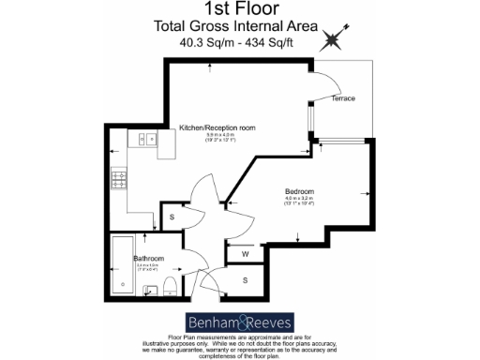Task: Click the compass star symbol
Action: pyautogui.click(x=332, y=40)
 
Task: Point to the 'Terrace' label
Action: pyautogui.click(x=342, y=98)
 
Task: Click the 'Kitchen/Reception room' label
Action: pyautogui.click(x=217, y=127)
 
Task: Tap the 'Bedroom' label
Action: pyautogui.click(x=301, y=190)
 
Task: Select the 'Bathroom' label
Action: pyautogui.click(x=149, y=257)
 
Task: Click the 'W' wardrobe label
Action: pyautogui.click(x=245, y=253)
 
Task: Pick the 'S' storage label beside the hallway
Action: pyautogui.click(x=172, y=218)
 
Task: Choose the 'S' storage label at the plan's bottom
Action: pyautogui.click(x=245, y=279)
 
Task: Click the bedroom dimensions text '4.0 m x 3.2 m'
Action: pyautogui.click(x=301, y=200)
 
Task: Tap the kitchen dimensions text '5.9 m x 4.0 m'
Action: pyautogui.click(x=217, y=138)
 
